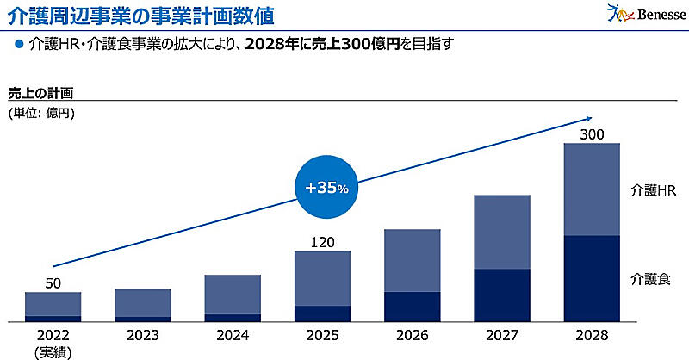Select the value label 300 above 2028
[x=591, y=133]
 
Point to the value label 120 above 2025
[x=322, y=242]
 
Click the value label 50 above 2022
[x=53, y=283]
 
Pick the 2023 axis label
[x=142, y=335]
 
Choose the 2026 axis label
[x=412, y=335]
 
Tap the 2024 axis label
[x=233, y=335]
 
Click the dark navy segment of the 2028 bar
[x=591, y=278]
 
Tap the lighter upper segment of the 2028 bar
[x=591, y=189]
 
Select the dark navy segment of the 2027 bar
[x=501, y=295]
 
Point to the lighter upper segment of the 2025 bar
[x=322, y=278]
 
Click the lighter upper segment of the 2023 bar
[x=142, y=303]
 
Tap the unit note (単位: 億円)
[x=42, y=113]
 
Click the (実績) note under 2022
[x=53, y=351]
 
